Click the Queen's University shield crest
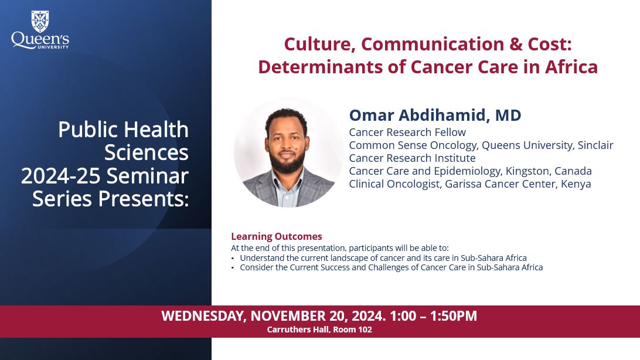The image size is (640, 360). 40,21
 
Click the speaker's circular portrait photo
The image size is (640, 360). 288,152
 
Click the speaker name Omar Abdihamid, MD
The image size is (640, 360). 435,115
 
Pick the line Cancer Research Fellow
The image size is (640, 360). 407,132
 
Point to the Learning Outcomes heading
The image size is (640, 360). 277,236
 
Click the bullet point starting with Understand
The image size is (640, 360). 383,258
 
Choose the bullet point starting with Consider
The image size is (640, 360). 391,267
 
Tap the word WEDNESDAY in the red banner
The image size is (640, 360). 203,316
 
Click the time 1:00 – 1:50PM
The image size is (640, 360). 433,316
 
